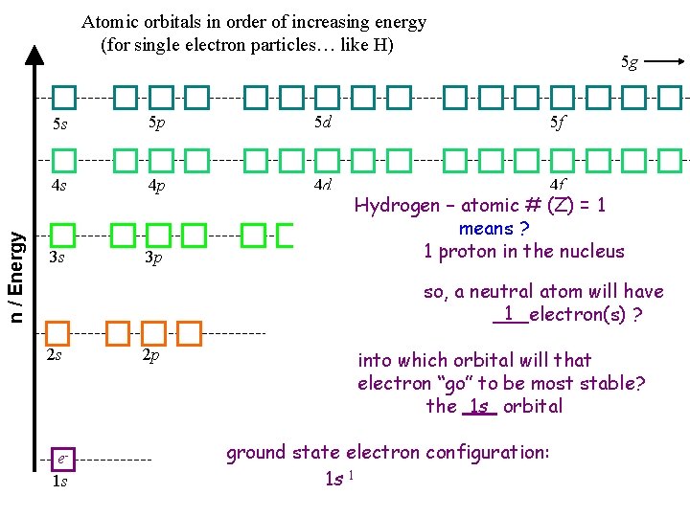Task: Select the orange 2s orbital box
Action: coord(58,333)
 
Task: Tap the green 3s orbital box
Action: coord(63,235)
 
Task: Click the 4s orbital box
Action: coord(63,160)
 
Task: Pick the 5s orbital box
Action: coord(63,97)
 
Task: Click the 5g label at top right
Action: coord(629,62)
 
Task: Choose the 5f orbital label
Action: coord(557,122)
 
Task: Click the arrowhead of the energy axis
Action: coord(34,54)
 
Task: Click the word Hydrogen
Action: coord(399,205)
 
